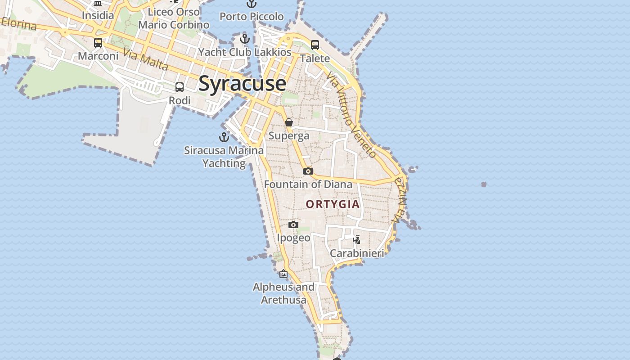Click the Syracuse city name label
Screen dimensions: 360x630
pos(242,84)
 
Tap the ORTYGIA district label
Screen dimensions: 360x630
pos(333,204)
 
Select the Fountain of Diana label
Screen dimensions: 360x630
pos(308,184)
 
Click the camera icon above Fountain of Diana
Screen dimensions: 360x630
pos(308,171)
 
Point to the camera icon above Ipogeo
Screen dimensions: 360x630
pos(293,225)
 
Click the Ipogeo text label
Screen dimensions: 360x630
pos(293,238)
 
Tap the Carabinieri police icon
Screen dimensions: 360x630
pos(357,239)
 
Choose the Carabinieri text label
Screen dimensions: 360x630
pos(357,253)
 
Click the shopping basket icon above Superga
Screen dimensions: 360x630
pos(289,122)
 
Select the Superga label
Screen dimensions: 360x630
pos(289,135)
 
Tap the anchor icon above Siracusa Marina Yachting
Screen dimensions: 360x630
pos(224,137)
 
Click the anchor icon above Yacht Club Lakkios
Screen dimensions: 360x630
pos(245,39)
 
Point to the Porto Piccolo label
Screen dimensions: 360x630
pos(252,17)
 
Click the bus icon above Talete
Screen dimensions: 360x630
pos(315,45)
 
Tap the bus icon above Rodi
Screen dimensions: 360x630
pos(180,87)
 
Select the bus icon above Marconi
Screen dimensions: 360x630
pos(98,43)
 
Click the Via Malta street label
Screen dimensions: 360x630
pos(145,60)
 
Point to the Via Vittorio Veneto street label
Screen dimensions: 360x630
pos(352,114)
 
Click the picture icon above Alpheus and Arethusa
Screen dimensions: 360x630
pos(283,274)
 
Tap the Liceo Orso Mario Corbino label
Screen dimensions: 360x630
pos(174,18)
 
